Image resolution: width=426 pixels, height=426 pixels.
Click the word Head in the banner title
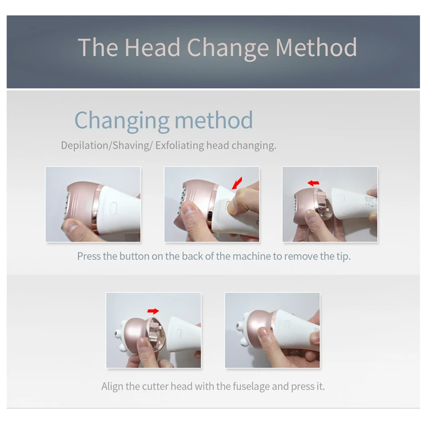pos(152,47)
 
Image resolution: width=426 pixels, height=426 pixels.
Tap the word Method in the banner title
pos(316,47)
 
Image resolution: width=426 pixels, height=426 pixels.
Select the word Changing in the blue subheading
pos(122,121)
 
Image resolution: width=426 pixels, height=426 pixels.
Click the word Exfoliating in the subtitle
pos(179,145)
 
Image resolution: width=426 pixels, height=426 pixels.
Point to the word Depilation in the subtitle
pos(85,145)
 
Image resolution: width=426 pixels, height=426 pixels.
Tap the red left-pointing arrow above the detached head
pos(313,183)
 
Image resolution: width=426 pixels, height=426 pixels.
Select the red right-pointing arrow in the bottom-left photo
pos(153,312)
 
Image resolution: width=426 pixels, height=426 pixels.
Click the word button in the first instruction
pos(134,256)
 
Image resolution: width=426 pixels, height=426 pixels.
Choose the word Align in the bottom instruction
pos(112,387)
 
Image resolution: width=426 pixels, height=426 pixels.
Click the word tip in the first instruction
pos(343,256)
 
